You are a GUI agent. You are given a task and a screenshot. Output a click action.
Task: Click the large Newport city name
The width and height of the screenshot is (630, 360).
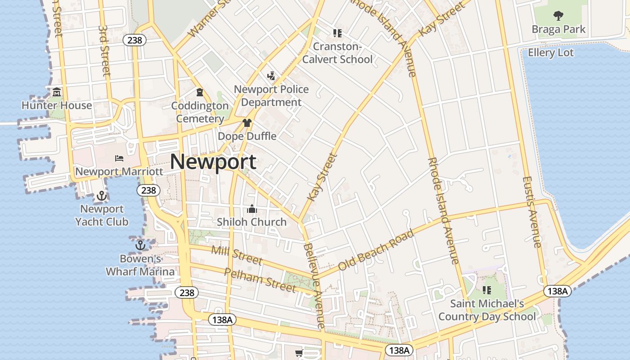pyautogui.click(x=213, y=162)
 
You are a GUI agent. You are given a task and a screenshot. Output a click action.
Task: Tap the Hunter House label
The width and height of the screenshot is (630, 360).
pyautogui.click(x=57, y=106)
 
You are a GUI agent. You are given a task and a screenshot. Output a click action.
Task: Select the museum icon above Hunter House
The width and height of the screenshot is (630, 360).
pyautogui.click(x=57, y=93)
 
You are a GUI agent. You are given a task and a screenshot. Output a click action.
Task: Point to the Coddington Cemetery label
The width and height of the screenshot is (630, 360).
pyautogui.click(x=200, y=112)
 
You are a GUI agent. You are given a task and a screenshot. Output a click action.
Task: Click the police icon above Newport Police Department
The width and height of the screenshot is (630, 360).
pyautogui.click(x=271, y=76)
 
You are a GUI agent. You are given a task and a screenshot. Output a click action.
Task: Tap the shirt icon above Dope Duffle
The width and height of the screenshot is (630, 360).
pyautogui.click(x=247, y=123)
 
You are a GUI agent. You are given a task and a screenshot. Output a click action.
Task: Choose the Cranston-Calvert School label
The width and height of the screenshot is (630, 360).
pyautogui.click(x=337, y=53)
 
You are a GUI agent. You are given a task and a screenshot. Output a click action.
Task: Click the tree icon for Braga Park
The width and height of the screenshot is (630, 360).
pyautogui.click(x=558, y=16)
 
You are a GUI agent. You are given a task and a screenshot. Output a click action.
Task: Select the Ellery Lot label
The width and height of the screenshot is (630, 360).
pyautogui.click(x=551, y=53)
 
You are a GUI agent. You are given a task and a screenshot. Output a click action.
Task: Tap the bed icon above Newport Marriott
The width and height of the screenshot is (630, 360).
pyautogui.click(x=119, y=158)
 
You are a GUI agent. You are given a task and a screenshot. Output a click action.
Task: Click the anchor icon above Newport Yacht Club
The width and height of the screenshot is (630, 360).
pyautogui.click(x=102, y=196)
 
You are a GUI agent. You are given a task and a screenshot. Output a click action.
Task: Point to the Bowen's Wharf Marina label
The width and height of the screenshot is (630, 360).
pyautogui.click(x=140, y=265)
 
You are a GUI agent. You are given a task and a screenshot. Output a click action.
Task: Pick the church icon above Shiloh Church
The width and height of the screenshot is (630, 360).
pyautogui.click(x=252, y=209)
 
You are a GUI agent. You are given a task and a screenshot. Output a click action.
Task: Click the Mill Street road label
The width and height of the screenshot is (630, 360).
pyautogui.click(x=236, y=255)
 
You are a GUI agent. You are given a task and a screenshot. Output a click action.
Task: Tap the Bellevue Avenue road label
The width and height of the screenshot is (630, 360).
pyautogui.click(x=314, y=285)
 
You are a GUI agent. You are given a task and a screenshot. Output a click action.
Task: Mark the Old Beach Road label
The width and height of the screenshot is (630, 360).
pyautogui.click(x=376, y=250)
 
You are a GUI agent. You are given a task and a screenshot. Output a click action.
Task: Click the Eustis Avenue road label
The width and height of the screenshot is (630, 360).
pyautogui.click(x=531, y=211)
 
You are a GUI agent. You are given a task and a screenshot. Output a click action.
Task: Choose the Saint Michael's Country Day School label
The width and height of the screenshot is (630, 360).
pyautogui.click(x=487, y=310)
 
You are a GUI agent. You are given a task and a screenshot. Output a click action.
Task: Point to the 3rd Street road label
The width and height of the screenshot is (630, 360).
pyautogui.click(x=104, y=50)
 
